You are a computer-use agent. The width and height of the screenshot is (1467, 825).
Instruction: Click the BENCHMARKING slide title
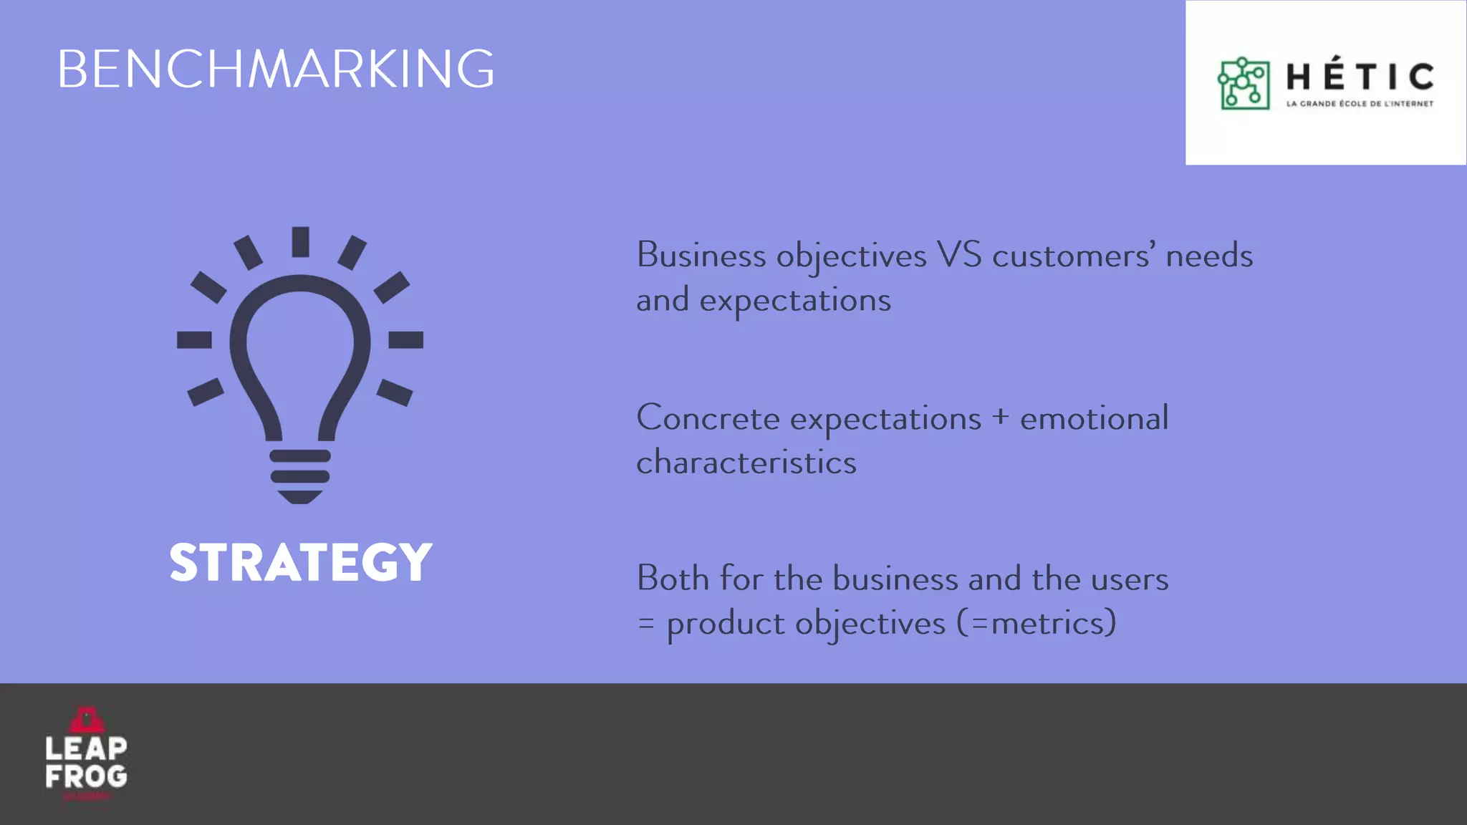[x=276, y=69]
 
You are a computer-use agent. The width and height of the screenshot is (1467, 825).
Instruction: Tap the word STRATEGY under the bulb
[x=301, y=562]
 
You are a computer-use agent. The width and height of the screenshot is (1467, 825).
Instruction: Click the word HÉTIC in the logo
[x=1360, y=77]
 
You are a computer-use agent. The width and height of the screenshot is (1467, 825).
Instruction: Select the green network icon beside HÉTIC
[x=1244, y=83]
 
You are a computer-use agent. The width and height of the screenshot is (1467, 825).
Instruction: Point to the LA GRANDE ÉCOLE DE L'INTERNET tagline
[x=1360, y=104]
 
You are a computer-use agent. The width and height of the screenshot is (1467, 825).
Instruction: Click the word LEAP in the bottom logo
[x=86, y=749]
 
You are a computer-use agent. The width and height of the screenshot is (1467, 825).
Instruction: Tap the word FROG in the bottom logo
[x=86, y=776]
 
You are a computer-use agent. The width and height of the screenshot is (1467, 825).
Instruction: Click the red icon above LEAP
[x=86, y=719]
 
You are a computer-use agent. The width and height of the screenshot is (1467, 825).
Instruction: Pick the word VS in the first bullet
[x=959, y=256]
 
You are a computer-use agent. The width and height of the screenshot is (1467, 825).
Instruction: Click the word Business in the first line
[x=701, y=256]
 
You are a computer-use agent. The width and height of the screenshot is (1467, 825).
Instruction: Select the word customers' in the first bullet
[x=1074, y=256]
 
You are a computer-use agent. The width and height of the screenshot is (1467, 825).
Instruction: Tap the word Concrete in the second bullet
[x=708, y=418]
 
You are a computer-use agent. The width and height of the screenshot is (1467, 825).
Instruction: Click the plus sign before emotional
[x=1000, y=417]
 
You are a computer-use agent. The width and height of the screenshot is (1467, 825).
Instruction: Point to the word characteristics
[x=746, y=463]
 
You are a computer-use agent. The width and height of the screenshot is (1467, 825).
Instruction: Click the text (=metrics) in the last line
[x=1036, y=623]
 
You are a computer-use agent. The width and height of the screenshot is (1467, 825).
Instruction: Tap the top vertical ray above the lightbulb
[x=300, y=241]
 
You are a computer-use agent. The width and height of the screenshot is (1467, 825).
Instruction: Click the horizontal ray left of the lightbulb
[x=194, y=339]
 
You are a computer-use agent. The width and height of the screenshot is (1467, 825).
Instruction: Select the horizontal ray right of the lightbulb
[x=405, y=339]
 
